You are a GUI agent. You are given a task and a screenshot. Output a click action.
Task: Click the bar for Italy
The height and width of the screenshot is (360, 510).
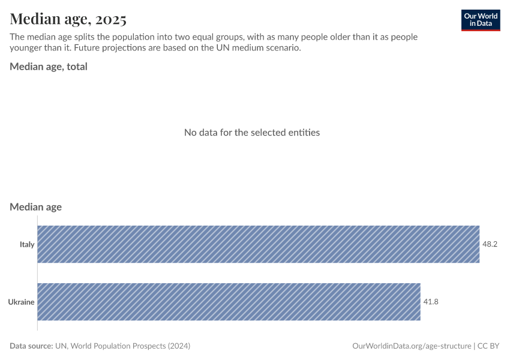258,244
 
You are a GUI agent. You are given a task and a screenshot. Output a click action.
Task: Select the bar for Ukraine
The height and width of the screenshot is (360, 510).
229,302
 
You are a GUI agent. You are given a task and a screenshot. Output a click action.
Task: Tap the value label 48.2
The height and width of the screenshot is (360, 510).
490,244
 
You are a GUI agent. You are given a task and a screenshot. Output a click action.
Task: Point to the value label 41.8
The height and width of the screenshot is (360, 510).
431,302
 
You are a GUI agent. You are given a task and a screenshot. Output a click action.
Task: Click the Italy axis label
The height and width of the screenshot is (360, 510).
27,244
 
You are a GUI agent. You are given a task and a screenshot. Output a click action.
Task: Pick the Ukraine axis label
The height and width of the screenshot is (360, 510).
21,302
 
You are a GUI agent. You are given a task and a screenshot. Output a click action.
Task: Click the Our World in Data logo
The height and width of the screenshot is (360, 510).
480,20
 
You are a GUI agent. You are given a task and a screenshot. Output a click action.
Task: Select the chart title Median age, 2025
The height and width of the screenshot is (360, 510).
68,19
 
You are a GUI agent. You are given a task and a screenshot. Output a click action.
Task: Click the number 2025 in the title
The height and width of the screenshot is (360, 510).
109,19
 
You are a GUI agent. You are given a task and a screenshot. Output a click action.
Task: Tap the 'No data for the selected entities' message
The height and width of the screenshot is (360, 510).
252,132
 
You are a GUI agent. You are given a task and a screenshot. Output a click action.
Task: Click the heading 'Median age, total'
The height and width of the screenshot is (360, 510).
49,67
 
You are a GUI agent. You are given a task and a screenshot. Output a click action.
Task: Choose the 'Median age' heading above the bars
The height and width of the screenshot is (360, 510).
36,207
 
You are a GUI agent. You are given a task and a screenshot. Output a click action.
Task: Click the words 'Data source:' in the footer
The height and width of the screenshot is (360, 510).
31,346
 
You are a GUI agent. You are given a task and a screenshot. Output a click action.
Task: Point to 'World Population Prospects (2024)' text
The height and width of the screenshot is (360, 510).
130,346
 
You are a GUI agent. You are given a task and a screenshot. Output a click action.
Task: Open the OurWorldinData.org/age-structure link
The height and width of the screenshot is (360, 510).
412,346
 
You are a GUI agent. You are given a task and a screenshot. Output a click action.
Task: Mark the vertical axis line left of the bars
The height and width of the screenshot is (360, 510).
37,273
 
